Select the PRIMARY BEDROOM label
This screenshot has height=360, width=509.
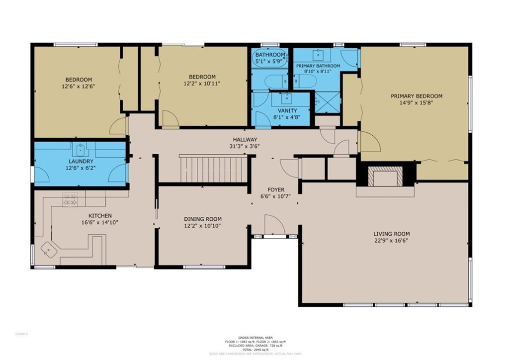(x=416, y=96)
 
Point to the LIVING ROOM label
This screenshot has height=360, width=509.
(x=392, y=233)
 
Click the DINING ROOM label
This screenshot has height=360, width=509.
(x=203, y=219)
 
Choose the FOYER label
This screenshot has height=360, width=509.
(x=276, y=189)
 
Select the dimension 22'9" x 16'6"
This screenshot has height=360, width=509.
(x=392, y=240)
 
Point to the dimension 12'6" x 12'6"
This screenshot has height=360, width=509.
(x=78, y=86)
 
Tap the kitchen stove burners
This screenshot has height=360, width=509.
(x=69, y=200)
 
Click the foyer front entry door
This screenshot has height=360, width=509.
(x=274, y=226)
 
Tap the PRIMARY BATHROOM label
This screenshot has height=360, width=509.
(x=318, y=66)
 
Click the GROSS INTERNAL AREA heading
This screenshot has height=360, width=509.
(x=254, y=337)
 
